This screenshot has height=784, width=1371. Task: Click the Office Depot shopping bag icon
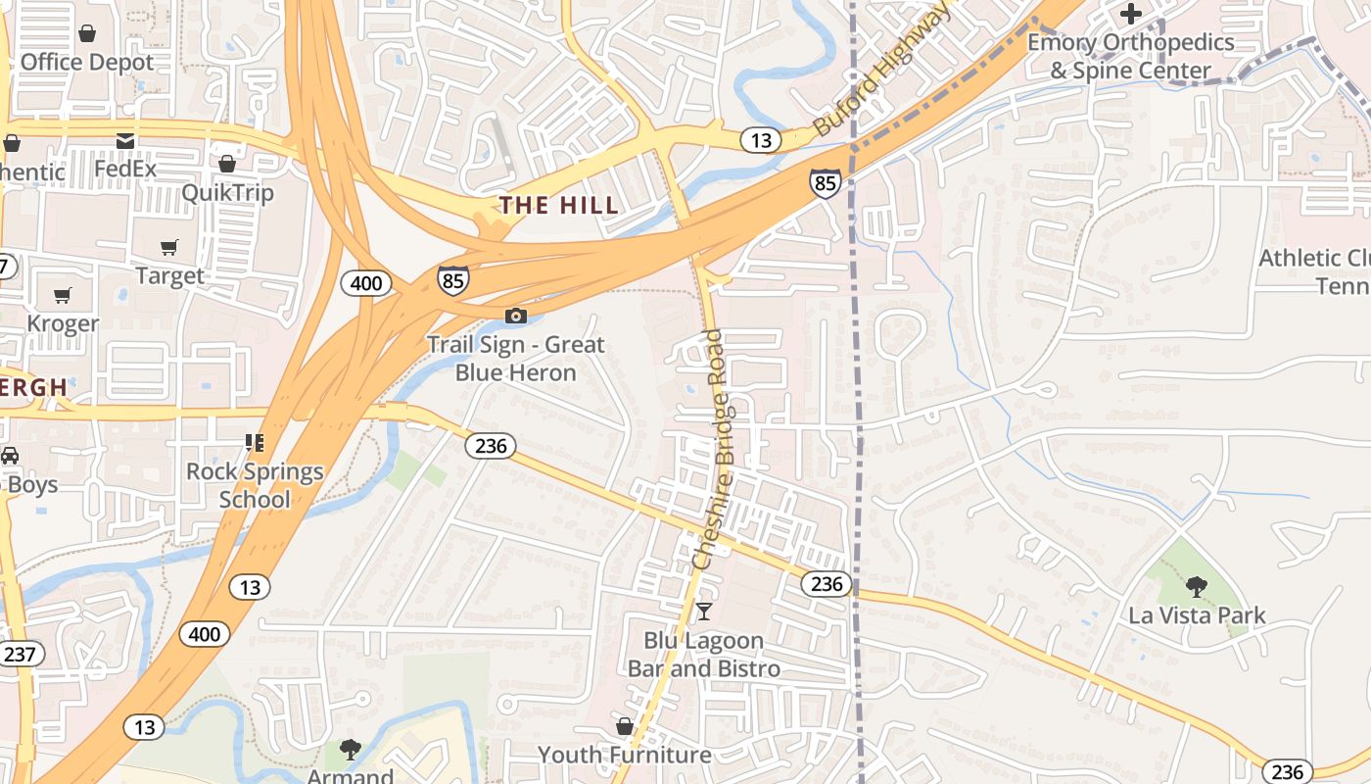click(87, 34)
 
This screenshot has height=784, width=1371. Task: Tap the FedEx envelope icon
click(125, 142)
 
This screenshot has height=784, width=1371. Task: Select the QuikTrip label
click(227, 192)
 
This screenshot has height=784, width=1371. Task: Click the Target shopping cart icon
click(169, 248)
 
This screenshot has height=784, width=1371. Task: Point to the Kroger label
click(63, 322)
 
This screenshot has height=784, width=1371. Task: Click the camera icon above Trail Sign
click(516, 316)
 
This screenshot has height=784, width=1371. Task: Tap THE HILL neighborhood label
click(559, 205)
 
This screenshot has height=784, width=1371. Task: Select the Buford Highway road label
click(881, 69)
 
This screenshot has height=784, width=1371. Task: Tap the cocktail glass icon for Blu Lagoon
click(703, 612)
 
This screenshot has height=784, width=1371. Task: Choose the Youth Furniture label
click(625, 755)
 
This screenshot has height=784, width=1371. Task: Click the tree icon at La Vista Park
click(1196, 587)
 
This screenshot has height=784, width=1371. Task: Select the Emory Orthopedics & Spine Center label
click(1131, 57)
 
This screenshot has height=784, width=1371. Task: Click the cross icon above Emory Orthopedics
click(1131, 14)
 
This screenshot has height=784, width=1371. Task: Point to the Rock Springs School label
click(255, 485)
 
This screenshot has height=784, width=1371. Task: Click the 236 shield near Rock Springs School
click(490, 446)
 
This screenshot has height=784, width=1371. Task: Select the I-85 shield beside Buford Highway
click(825, 182)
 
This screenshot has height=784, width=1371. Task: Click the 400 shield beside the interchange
click(366, 284)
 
